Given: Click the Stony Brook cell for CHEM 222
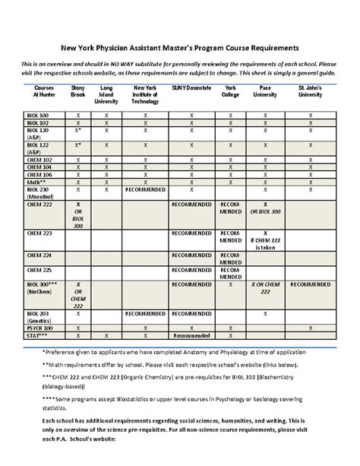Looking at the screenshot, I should [77, 216].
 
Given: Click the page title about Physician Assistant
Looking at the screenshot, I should [179, 46].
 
